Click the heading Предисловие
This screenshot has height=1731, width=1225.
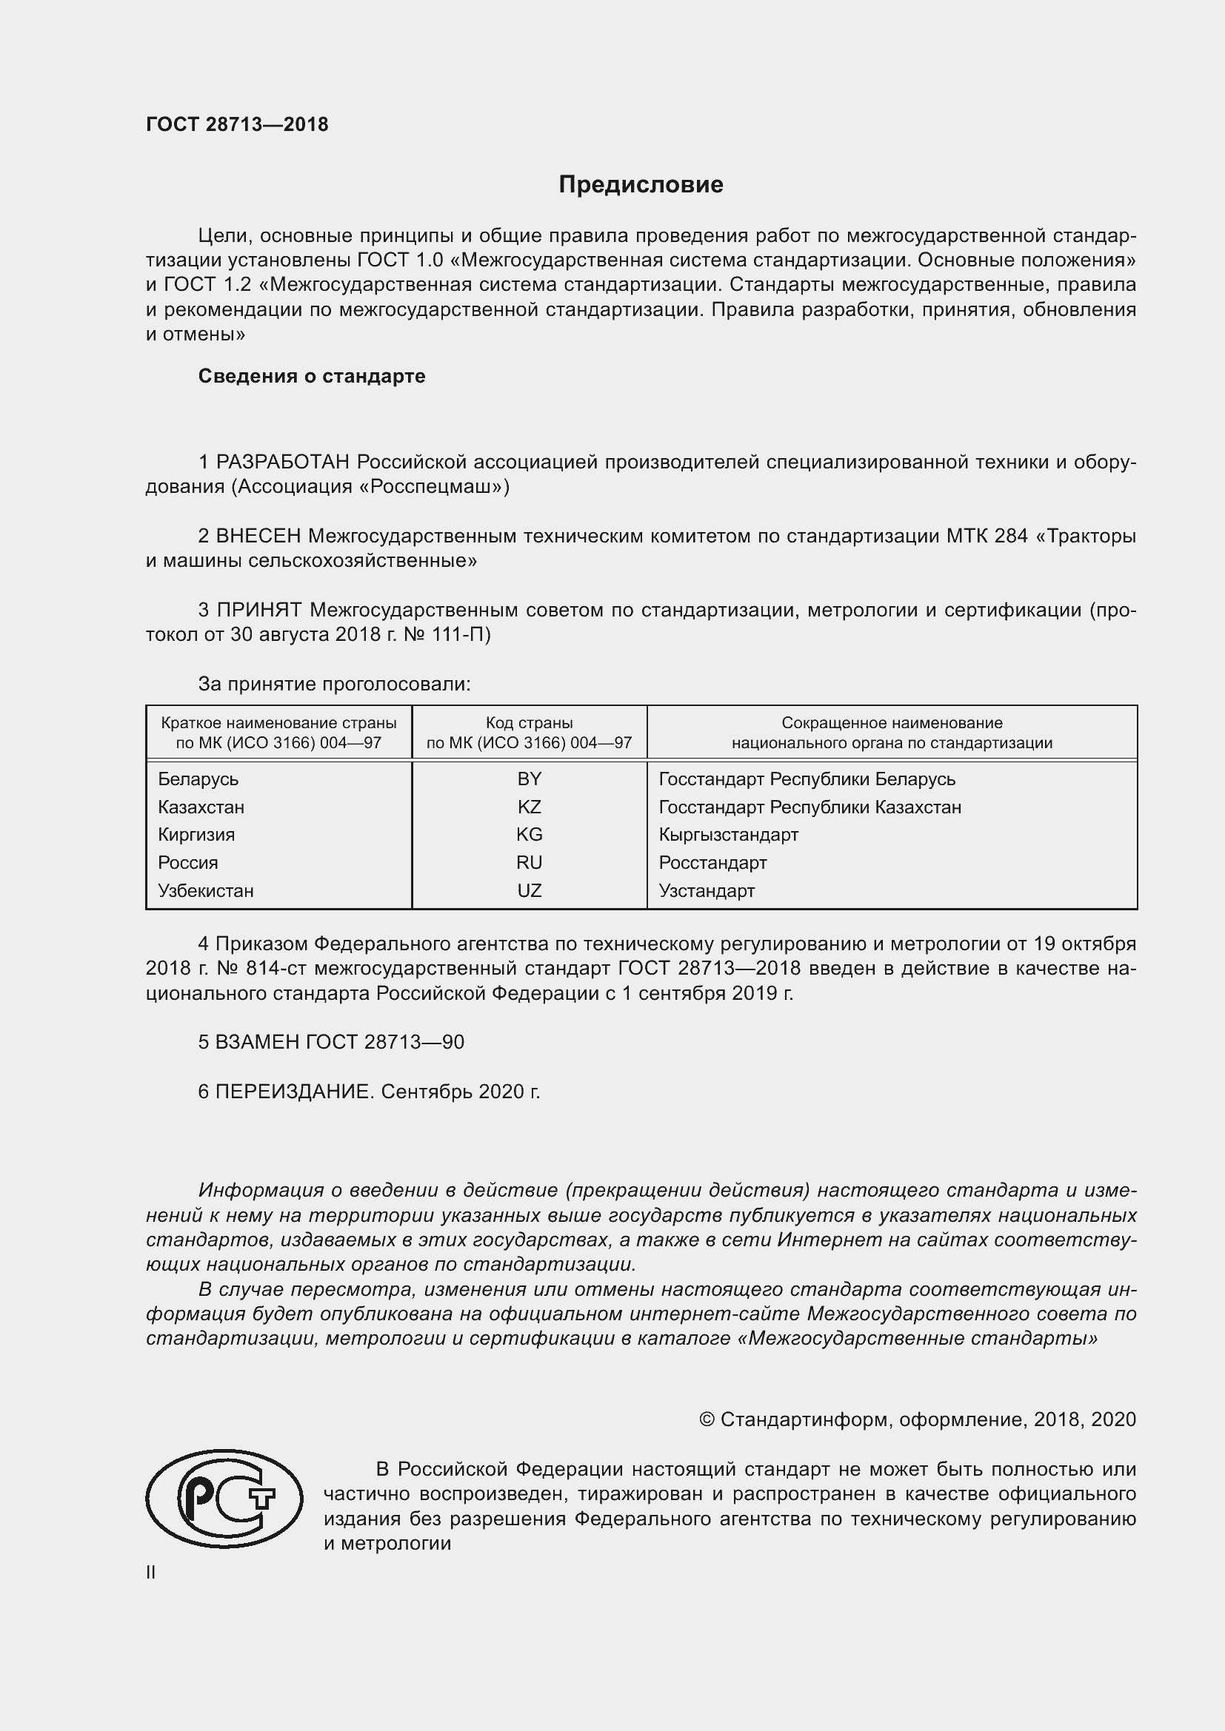click(x=641, y=185)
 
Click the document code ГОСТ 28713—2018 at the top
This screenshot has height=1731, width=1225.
click(x=237, y=124)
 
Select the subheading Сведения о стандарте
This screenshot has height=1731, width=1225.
click(x=312, y=376)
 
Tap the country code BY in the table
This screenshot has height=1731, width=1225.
click(x=529, y=779)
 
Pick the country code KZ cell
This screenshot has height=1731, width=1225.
click(x=529, y=807)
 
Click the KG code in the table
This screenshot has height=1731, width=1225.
click(x=529, y=835)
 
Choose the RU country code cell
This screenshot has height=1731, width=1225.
click(x=529, y=862)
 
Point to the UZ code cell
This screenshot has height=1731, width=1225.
click(x=529, y=890)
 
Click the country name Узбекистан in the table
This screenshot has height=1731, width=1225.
click(x=205, y=890)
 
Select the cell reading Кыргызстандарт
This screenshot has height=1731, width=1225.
click(x=728, y=835)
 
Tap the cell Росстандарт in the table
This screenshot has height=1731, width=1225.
click(x=712, y=862)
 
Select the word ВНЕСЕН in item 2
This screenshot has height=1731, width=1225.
click(x=258, y=536)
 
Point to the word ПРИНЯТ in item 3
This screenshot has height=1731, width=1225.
click(x=259, y=610)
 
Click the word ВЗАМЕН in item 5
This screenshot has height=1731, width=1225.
click(x=258, y=1042)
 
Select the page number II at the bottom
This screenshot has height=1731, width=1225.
click(x=151, y=1572)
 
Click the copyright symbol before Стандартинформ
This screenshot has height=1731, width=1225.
click(x=706, y=1419)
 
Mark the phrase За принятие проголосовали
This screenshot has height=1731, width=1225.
click(x=334, y=684)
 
